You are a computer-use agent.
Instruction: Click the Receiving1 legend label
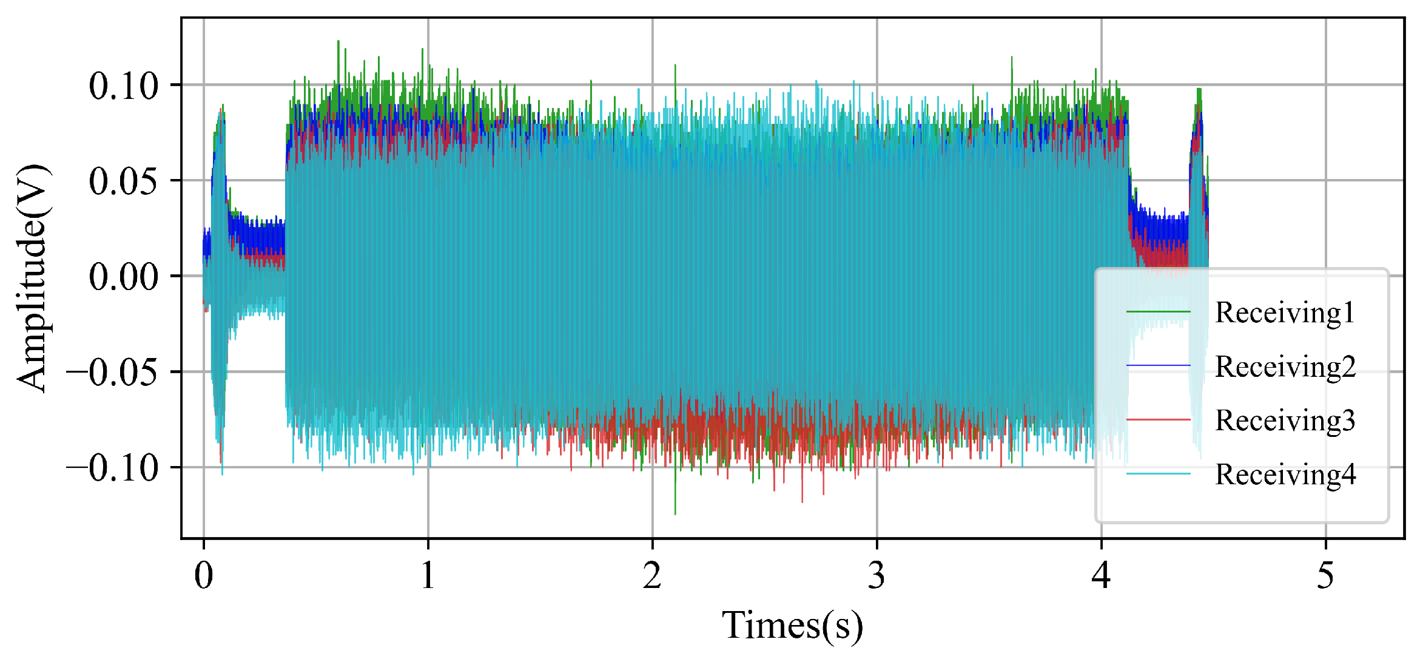[1285, 313]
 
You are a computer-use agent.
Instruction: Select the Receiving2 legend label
[1285, 367]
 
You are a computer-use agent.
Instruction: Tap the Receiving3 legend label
[1285, 421]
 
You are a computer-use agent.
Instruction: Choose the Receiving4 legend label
[1285, 475]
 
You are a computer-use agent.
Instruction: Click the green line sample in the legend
[1158, 313]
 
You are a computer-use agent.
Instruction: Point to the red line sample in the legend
[1158, 419]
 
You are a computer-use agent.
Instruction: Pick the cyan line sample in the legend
[1158, 473]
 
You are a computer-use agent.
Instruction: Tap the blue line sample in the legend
[1158, 365]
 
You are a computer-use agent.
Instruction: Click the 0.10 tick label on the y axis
[124, 86]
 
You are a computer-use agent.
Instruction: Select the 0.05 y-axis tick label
[124, 181]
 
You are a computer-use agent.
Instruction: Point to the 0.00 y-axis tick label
[124, 277]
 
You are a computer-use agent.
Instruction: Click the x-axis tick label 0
[204, 575]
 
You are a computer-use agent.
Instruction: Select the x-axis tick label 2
[653, 575]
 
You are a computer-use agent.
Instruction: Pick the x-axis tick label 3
[877, 575]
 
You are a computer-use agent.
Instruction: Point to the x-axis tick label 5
[1326, 575]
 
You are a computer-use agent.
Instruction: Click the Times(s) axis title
[792, 626]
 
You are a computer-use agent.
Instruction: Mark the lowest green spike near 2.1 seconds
[675, 513]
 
